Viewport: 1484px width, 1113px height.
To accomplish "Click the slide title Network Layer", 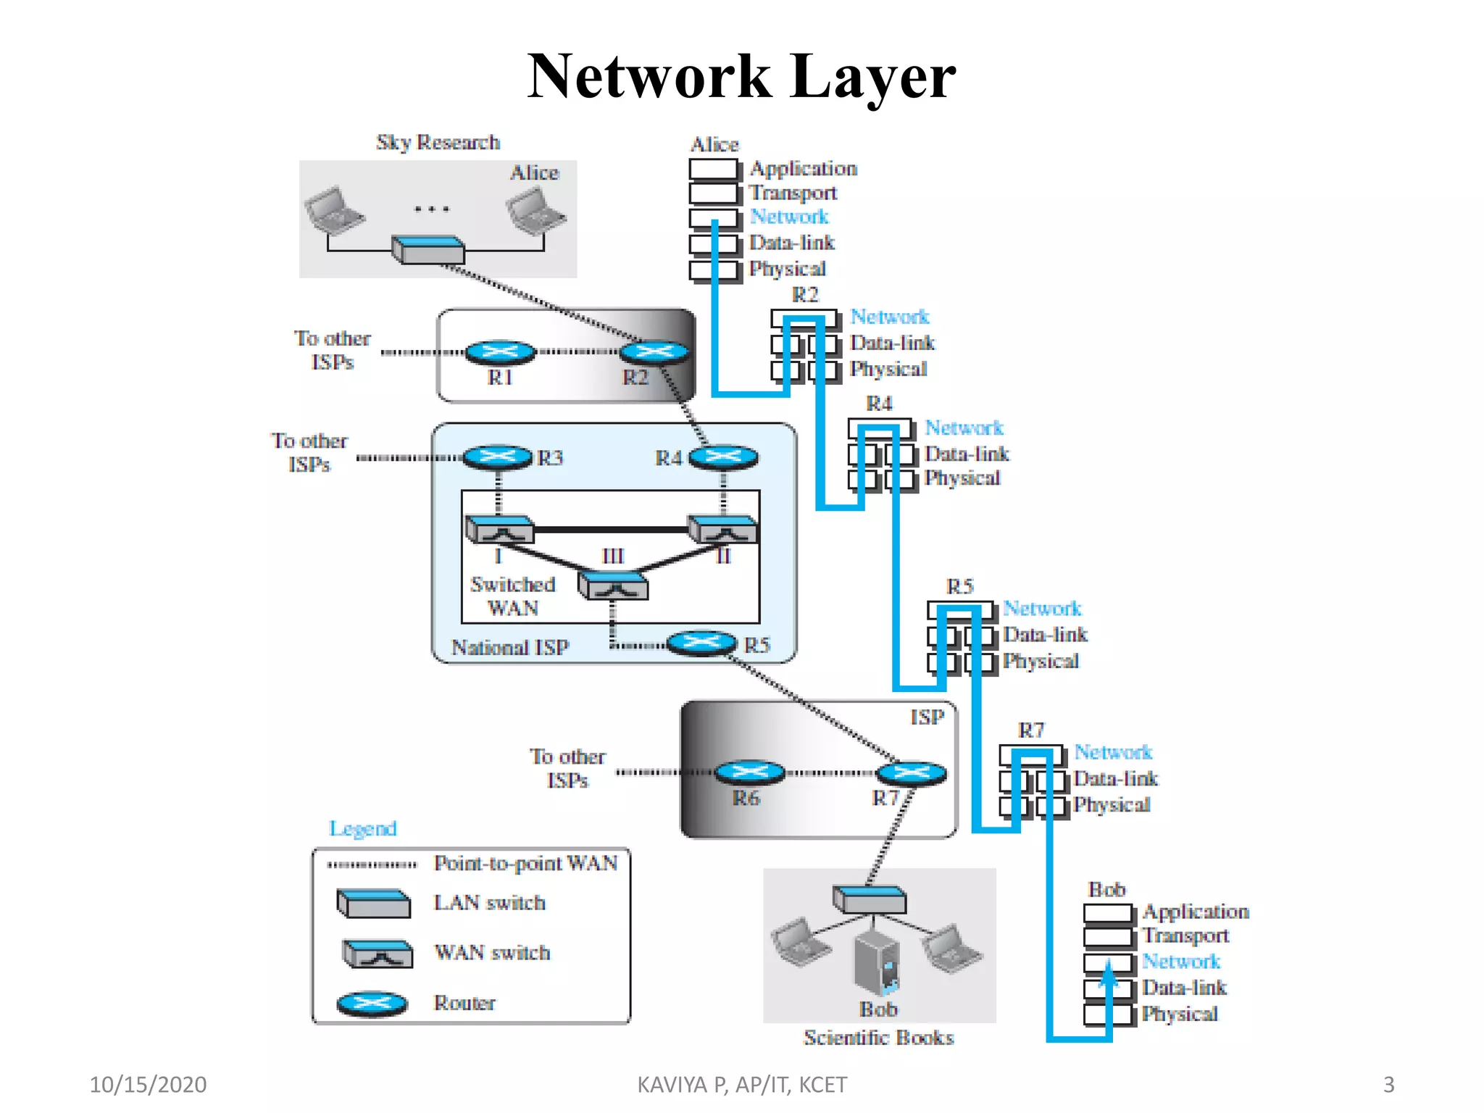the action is [x=741, y=76].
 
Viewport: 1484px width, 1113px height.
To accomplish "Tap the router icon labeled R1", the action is [x=500, y=352].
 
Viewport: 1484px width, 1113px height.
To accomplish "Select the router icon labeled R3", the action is [x=497, y=457].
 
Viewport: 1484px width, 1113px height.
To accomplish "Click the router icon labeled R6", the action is [x=749, y=772].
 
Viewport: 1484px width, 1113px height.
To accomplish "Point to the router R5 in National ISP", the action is [x=701, y=643].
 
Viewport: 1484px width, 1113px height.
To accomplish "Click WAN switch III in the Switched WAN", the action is [x=613, y=585].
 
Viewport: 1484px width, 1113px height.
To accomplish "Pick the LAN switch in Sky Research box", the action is [x=428, y=249].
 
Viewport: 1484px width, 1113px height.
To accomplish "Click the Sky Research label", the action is [x=438, y=142].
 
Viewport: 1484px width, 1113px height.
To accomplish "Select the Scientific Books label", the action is [x=878, y=1038].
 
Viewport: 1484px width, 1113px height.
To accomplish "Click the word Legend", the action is [x=362, y=828].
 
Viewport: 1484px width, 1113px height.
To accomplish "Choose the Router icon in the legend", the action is [x=372, y=1004].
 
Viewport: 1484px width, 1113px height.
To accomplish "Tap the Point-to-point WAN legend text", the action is [x=525, y=863].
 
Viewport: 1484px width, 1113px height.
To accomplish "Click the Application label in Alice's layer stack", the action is [x=803, y=169].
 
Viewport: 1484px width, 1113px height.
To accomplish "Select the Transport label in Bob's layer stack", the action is [x=1185, y=936].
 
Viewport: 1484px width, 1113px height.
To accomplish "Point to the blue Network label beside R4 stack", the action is [x=964, y=428].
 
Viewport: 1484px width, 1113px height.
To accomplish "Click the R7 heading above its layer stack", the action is [x=1031, y=730].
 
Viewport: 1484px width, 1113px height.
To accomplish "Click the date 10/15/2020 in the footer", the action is [x=148, y=1085].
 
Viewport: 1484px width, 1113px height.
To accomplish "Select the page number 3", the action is [x=1388, y=1085].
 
